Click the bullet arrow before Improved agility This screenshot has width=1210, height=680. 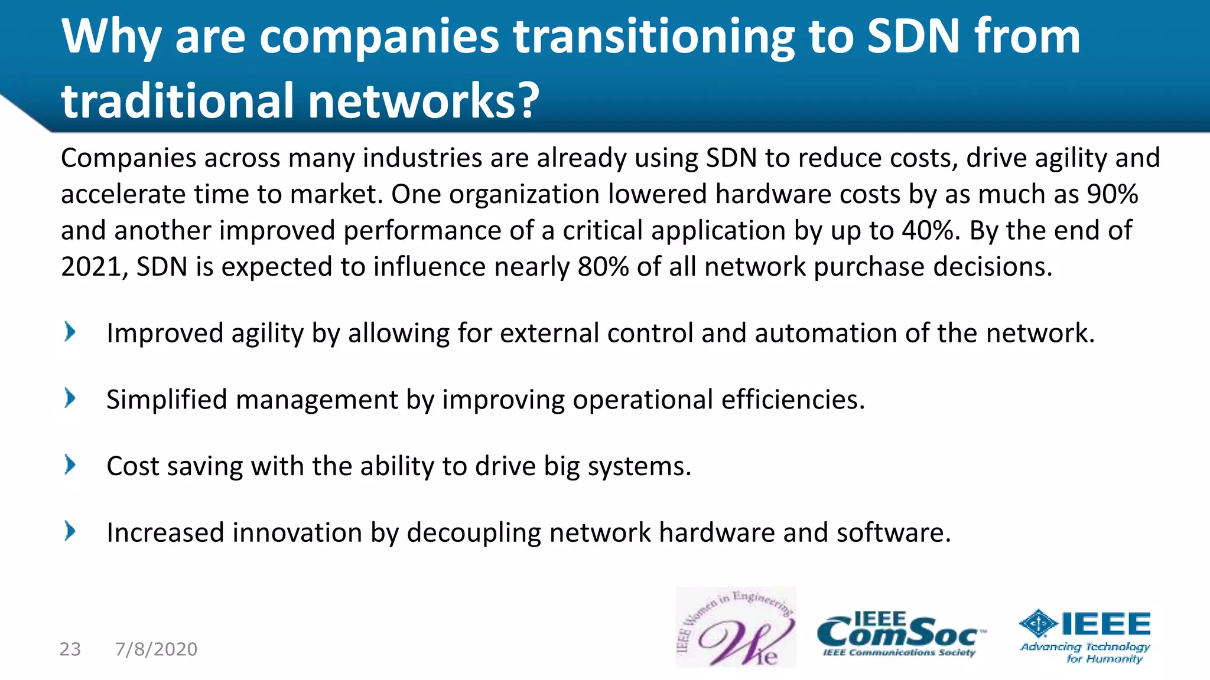point(70,332)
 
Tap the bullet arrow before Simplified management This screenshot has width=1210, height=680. point(70,398)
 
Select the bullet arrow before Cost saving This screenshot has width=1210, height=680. point(70,465)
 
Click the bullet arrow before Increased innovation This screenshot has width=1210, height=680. point(70,531)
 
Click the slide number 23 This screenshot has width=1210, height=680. point(70,649)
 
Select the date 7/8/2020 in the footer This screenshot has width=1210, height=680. point(157,649)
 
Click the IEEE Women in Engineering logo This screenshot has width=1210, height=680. point(736,627)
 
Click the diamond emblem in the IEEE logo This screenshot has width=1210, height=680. point(1039,624)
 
